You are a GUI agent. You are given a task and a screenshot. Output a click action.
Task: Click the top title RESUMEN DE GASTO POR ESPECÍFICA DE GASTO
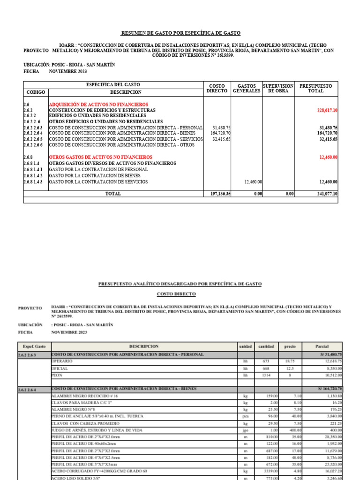180,33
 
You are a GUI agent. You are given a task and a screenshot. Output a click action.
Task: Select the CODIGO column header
36,92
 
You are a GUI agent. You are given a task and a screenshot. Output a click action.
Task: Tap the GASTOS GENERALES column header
247,89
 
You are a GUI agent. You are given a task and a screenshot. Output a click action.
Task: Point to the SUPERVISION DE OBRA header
278,89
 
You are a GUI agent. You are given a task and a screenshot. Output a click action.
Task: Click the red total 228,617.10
328,110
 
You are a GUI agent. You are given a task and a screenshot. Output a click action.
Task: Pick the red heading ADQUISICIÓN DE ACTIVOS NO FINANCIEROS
98,104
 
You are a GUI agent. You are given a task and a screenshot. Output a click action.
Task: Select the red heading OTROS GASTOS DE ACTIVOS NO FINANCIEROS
100,157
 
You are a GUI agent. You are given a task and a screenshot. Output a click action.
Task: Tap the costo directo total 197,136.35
218,193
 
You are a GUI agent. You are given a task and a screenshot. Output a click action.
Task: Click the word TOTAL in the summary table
113,193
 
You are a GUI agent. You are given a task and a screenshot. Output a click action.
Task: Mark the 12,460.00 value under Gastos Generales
253,182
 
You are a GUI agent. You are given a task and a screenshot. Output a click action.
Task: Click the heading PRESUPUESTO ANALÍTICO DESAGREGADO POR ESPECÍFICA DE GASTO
180,284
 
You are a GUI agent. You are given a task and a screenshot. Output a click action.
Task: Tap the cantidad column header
265,346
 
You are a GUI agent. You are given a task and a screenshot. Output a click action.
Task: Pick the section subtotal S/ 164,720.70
329,389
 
